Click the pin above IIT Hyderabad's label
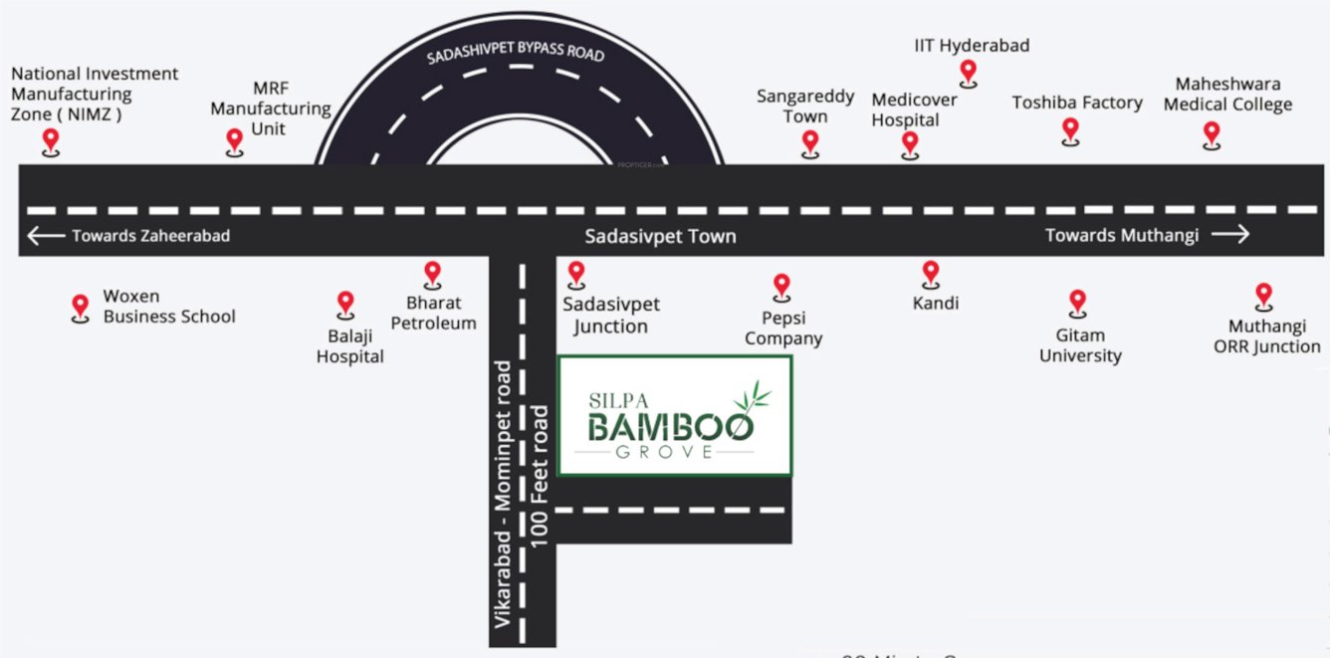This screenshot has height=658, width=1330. click(969, 72)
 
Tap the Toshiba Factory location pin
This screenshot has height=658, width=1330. click(1070, 129)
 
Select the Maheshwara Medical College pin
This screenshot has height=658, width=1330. click(1212, 133)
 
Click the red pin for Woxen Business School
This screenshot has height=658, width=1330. click(81, 307)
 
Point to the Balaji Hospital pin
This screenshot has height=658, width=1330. click(345, 303)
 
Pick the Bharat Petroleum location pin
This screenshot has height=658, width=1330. click(432, 273)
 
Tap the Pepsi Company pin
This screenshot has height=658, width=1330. click(781, 287)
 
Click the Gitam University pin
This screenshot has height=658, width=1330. click(1077, 302)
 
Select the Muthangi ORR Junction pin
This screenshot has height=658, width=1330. click(1263, 295)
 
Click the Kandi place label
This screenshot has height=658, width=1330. click(936, 303)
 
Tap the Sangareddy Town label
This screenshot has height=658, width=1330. click(805, 107)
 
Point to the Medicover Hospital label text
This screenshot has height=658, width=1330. click(914, 110)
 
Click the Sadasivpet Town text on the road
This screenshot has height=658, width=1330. click(660, 237)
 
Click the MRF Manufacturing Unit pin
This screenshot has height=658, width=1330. click(235, 140)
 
